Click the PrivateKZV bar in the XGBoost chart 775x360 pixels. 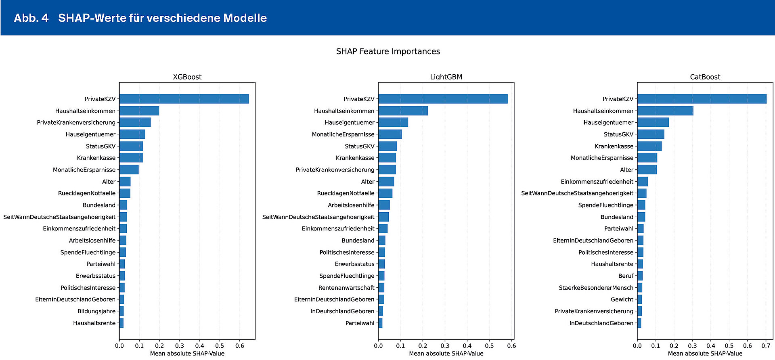pyautogui.click(x=184, y=99)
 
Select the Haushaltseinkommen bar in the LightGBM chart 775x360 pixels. pyautogui.click(x=403, y=111)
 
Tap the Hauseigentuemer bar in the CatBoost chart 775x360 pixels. pyautogui.click(x=653, y=122)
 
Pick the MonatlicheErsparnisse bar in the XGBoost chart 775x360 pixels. pyautogui.click(x=129, y=170)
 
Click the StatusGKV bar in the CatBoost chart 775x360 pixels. pyautogui.click(x=651, y=134)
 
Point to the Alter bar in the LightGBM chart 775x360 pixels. pyautogui.click(x=386, y=182)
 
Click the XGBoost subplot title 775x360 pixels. pyautogui.click(x=187, y=77)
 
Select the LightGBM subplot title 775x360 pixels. pyautogui.click(x=446, y=77)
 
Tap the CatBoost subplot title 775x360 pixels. pyautogui.click(x=705, y=77)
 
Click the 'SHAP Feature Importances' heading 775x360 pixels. pyautogui.click(x=388, y=51)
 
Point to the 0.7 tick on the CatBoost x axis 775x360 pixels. pyautogui.click(x=766, y=345)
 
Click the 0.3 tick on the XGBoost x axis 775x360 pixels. pyautogui.click(x=180, y=345)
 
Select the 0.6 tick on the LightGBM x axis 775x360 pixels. pyautogui.click(x=511, y=345)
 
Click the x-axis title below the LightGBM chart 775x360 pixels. pyautogui.click(x=446, y=354)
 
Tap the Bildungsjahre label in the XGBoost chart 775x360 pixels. pyautogui.click(x=96, y=311)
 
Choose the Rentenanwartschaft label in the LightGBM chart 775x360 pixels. pyautogui.click(x=346, y=288)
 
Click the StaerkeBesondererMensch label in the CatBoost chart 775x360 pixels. pyautogui.click(x=596, y=288)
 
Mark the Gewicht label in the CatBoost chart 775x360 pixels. pyautogui.click(x=622, y=299)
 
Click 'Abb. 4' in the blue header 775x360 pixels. pyautogui.click(x=31, y=18)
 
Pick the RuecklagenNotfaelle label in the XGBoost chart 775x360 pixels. pyautogui.click(x=87, y=193)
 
